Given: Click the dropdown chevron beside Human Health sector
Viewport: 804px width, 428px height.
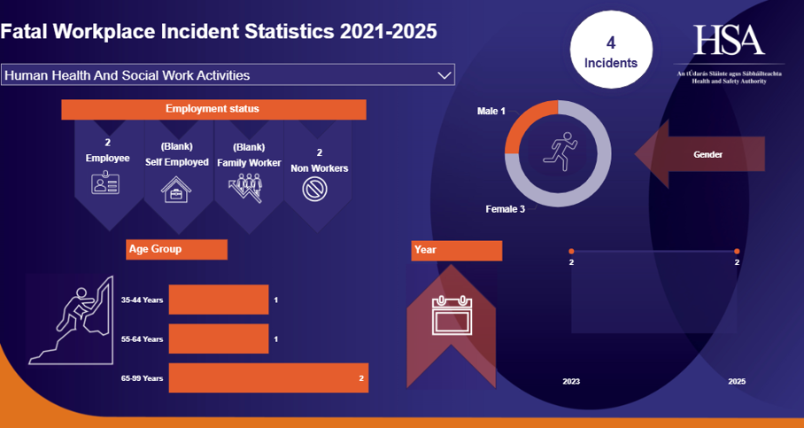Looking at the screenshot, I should point(445,75).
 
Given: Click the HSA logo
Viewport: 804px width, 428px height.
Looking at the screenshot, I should point(728,40).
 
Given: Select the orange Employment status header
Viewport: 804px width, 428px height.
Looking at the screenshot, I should point(213,109).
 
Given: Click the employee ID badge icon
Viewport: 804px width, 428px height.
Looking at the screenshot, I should point(104,184).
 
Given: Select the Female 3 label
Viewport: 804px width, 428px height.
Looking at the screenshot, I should point(505,209).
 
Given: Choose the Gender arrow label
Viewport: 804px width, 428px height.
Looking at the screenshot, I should point(707,154).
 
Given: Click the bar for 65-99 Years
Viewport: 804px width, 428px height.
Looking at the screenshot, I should point(267,377).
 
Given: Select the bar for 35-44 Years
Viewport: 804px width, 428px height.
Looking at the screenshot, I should point(218,300).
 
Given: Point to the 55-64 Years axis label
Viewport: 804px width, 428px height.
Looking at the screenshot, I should point(142,339).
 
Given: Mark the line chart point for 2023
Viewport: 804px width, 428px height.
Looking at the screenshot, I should point(571,252).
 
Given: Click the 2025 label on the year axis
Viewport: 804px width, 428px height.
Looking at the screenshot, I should point(736,381).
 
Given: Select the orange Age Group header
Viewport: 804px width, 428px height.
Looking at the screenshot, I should point(177,249).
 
